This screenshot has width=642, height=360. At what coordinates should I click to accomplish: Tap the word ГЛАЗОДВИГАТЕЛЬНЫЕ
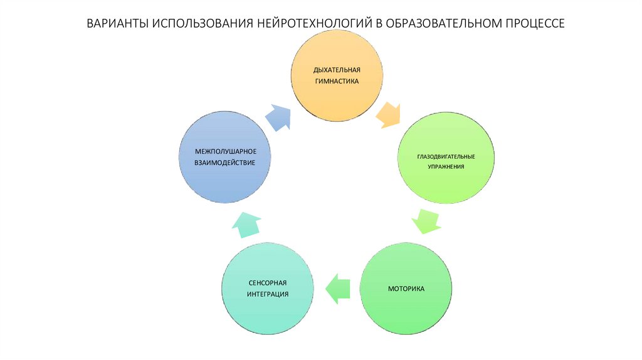(446, 156)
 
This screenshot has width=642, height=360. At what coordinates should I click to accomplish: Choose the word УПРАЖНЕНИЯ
(446, 167)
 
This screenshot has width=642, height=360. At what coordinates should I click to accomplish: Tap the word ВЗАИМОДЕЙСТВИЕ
(224, 163)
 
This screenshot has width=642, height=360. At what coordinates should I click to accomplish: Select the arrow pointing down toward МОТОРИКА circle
(426, 220)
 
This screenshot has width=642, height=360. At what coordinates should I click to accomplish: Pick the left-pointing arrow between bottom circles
(337, 289)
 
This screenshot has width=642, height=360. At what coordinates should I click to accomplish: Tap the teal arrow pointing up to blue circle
(247, 224)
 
